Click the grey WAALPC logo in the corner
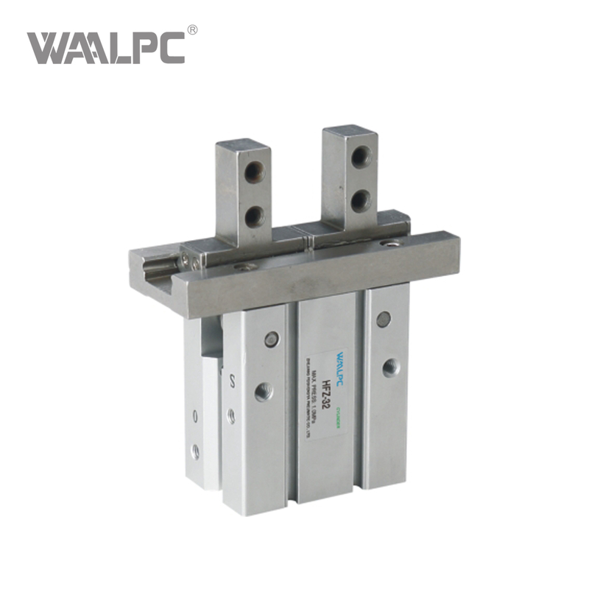[x=106, y=46]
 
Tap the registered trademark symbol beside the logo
[x=193, y=29]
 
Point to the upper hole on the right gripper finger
[x=361, y=156]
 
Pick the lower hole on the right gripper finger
[x=361, y=199]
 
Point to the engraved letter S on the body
[x=233, y=381]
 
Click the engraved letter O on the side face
[x=195, y=417]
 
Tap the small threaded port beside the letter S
[x=231, y=416]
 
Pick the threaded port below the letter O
[x=195, y=451]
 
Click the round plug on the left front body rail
[x=272, y=339]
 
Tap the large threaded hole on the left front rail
[x=264, y=391]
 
